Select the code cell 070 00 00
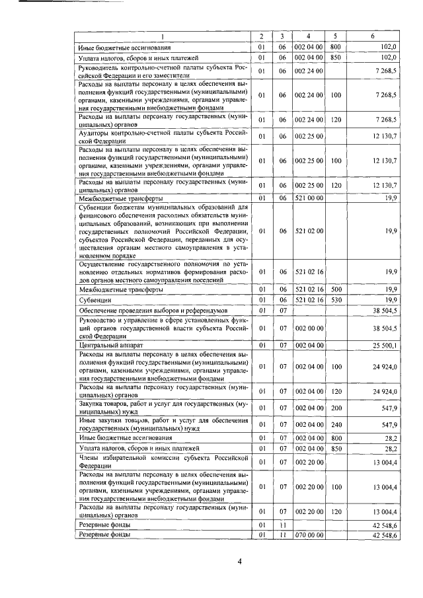click(309, 535)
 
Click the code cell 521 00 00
click(309, 198)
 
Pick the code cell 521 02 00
click(309, 231)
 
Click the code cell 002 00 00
click(309, 327)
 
